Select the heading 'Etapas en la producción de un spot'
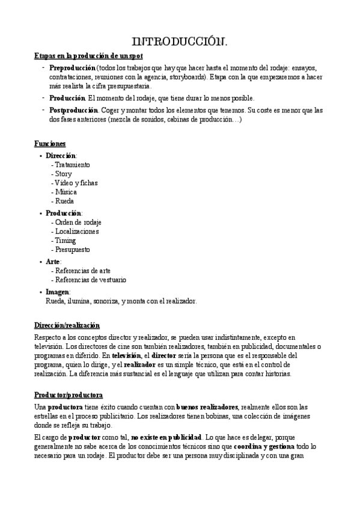88,56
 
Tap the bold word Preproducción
72,68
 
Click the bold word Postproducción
73,110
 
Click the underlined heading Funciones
50,143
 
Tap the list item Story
64,174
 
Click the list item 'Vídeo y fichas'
76,183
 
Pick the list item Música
66,192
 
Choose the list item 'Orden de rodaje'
78,222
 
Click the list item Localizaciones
77,231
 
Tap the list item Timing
66,240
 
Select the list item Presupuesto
73,249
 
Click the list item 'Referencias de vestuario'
91,280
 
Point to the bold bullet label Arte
53,262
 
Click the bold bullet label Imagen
58,292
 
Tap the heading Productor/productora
69,378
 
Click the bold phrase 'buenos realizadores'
207,390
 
